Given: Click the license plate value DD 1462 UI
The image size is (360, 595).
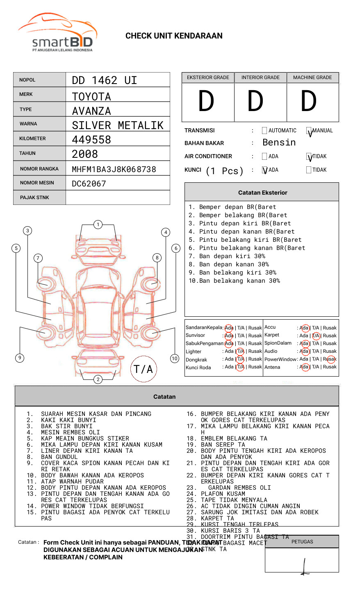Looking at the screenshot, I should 105,80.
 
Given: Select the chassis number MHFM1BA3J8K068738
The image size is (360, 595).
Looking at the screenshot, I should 114,169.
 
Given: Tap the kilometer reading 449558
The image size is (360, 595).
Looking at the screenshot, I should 91,140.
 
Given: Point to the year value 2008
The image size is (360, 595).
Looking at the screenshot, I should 85,154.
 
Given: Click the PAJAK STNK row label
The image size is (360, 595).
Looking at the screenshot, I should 34,198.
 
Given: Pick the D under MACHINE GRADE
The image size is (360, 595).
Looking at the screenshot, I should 309,102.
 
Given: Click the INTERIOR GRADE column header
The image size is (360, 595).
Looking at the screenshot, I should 260,77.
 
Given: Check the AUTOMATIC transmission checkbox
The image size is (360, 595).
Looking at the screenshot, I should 264,131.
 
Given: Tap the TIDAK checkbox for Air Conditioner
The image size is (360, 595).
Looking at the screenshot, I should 309,157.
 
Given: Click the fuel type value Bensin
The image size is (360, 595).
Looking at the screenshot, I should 279,143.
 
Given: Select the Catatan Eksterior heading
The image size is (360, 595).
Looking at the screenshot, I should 262,193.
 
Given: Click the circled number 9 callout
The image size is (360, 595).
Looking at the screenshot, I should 20,358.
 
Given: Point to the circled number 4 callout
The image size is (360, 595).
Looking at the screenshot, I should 166,232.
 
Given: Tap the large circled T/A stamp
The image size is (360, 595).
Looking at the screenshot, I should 144,369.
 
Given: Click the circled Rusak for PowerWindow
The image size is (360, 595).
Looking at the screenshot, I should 330,359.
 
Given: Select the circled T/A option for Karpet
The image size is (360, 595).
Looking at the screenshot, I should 316,336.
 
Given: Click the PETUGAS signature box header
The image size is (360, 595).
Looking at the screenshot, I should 302,542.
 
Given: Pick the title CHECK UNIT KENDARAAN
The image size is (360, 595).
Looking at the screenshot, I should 174,36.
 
